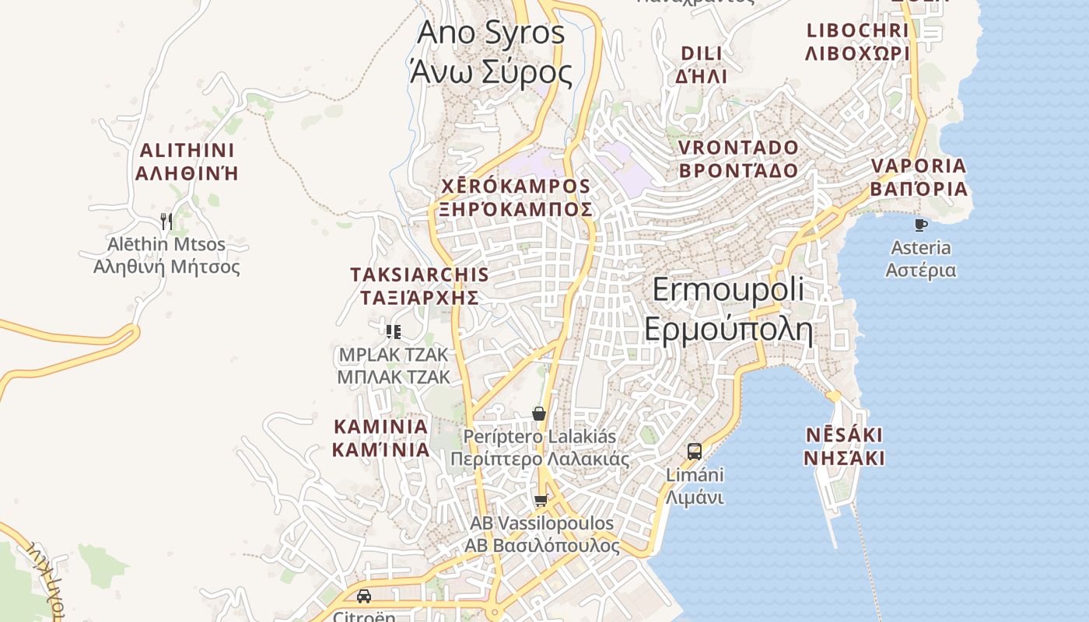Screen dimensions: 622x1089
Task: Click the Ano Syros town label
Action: [491, 52]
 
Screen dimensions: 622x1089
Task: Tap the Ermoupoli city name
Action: [728, 309]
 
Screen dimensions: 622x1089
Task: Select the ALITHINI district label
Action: [187, 162]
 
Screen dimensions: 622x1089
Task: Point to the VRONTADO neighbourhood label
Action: [738, 159]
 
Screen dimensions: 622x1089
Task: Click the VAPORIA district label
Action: [919, 177]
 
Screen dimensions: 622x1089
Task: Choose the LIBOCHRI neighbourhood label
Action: [857, 42]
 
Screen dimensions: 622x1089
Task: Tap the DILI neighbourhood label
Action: [702, 65]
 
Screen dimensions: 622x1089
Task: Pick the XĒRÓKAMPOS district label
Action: [516, 197]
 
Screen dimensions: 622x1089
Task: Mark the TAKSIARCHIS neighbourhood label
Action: [419, 286]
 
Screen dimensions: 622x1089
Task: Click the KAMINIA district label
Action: [381, 438]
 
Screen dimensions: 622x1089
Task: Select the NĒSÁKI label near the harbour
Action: [844, 446]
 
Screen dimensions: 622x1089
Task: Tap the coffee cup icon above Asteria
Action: [921, 225]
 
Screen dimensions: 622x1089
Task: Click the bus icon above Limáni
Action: [695, 451]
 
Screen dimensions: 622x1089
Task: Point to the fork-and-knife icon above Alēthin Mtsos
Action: [166, 222]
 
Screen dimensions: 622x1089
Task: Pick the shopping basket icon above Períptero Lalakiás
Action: [538, 414]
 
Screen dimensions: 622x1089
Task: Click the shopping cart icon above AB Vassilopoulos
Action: [541, 501]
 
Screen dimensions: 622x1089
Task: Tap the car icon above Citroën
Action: [363, 596]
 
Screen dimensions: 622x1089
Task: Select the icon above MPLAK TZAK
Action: [394, 332]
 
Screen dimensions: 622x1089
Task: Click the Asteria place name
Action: [921, 259]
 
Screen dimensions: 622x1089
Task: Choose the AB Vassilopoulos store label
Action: [542, 534]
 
